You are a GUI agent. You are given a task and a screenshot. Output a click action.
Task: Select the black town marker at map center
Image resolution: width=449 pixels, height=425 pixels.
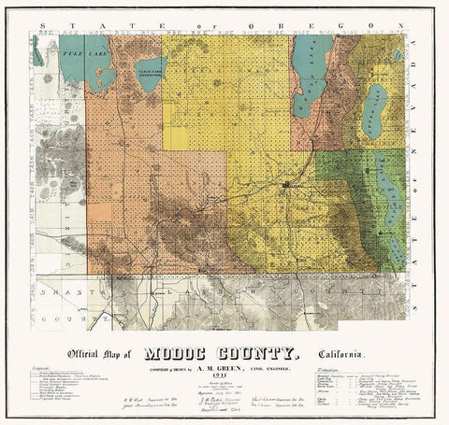pos(283,186)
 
